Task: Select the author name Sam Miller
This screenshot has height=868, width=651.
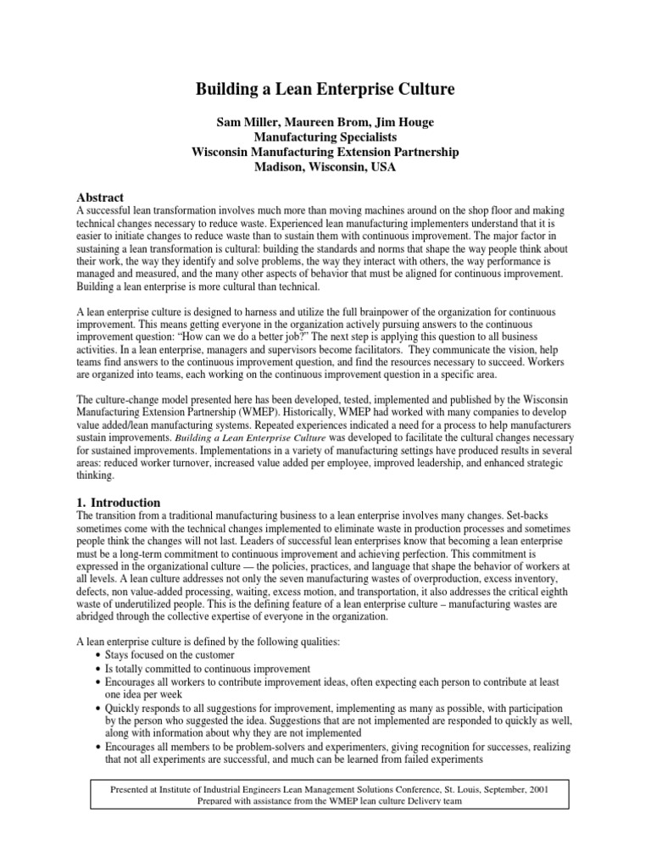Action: click(251, 122)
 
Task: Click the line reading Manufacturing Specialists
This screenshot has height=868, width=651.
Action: click(325, 136)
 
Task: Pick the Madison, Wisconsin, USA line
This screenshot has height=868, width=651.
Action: click(325, 167)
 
